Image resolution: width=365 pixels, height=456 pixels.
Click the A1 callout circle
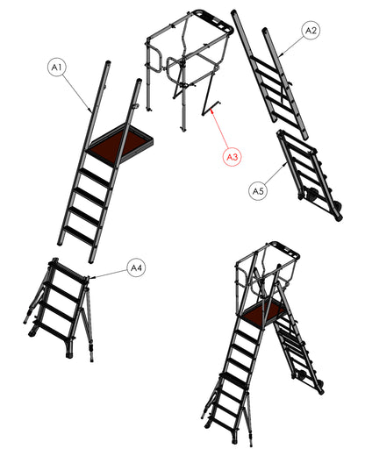[x=57, y=68]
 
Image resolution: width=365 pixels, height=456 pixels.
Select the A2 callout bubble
[x=311, y=31]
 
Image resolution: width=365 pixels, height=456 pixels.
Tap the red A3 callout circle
[x=233, y=157]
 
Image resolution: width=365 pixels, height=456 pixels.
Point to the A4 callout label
[x=137, y=267]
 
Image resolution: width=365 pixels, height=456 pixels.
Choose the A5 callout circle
[x=258, y=191]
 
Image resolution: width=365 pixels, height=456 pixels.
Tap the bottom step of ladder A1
[x=80, y=234]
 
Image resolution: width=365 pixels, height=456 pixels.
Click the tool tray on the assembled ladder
[x=284, y=249]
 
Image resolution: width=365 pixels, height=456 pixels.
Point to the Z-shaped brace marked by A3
[x=210, y=94]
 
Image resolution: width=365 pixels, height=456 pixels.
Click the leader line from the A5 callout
[x=276, y=175]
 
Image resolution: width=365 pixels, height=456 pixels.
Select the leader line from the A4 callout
[x=109, y=274]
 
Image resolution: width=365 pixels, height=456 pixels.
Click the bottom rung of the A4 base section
[x=53, y=330]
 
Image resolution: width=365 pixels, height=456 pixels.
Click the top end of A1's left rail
[x=108, y=62]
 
